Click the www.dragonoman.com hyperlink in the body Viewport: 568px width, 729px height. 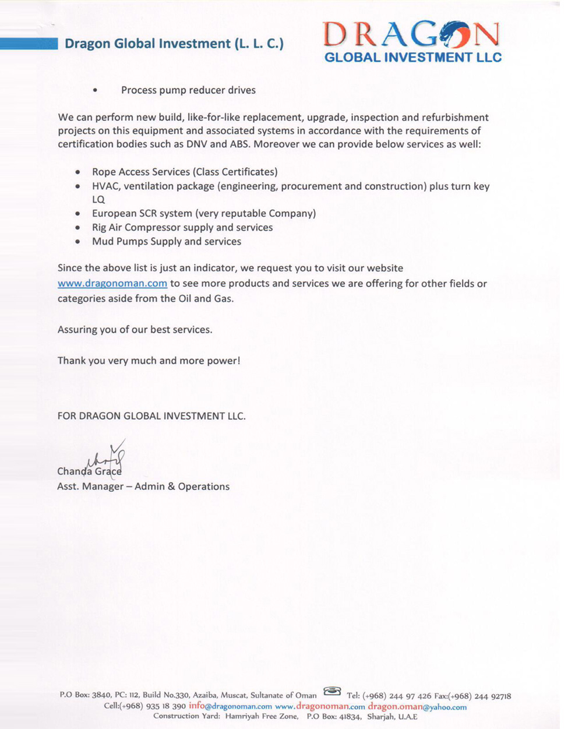tap(112, 284)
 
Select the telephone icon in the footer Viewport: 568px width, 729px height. tap(332, 692)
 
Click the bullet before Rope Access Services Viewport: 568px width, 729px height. tap(78, 172)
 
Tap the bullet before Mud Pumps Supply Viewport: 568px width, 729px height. tap(78, 242)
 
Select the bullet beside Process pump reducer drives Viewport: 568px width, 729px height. tap(95, 91)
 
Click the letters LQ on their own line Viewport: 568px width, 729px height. tap(98, 200)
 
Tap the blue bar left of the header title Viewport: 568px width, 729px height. tap(29, 44)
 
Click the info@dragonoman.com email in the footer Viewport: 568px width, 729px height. tap(230, 706)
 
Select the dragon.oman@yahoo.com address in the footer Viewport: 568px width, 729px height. tap(417, 706)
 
